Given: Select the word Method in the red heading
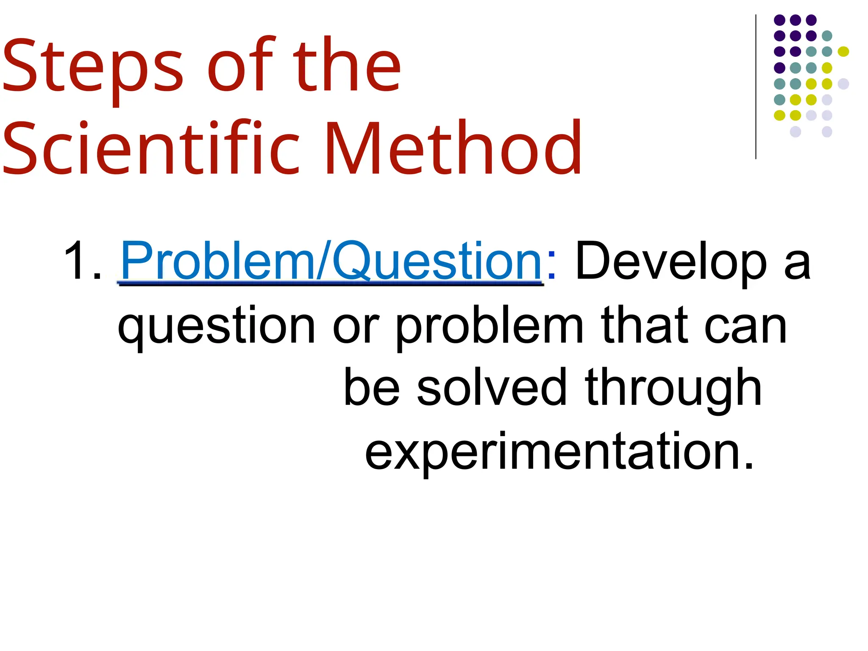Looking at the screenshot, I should pyautogui.click(x=453, y=148).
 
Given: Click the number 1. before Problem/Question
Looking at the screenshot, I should pyautogui.click(x=83, y=261).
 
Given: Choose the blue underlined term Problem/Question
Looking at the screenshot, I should pyautogui.click(x=331, y=261).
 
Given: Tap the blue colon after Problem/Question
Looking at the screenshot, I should pyautogui.click(x=551, y=265).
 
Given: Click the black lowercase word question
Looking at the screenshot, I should pyautogui.click(x=216, y=326).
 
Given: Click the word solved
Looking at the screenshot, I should pyautogui.click(x=492, y=388).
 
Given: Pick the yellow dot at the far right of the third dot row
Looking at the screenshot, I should pyautogui.click(x=843, y=51).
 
